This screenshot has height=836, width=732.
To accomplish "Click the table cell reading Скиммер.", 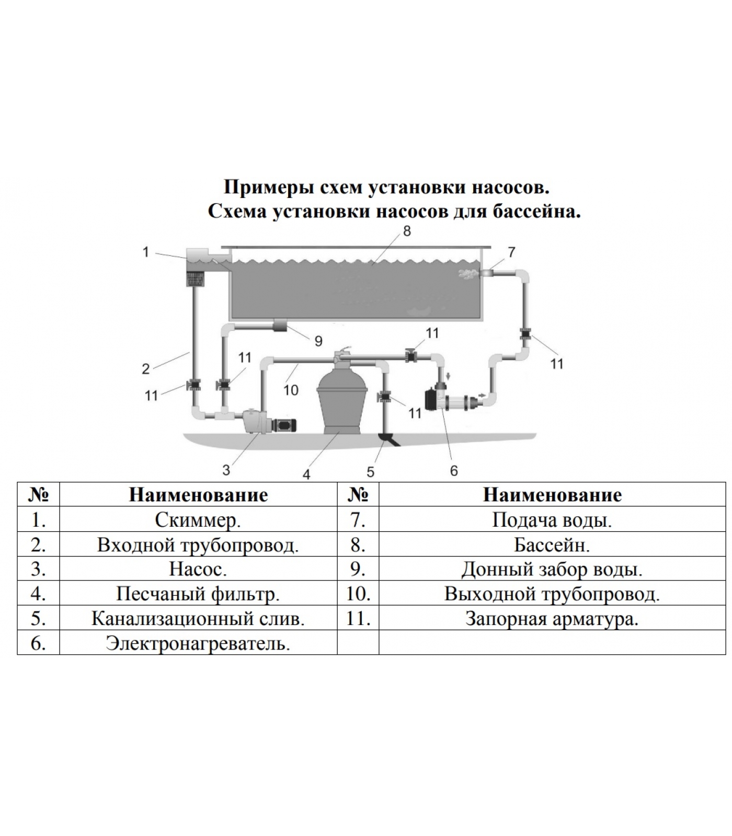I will [x=198, y=520].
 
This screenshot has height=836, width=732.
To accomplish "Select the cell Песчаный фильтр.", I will [x=198, y=594].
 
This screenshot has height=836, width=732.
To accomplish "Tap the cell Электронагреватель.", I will [x=198, y=643].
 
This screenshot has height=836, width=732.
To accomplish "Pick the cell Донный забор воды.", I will [x=552, y=569].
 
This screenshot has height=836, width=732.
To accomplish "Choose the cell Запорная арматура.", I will [x=552, y=619].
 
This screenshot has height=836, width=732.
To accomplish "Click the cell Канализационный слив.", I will [x=198, y=619].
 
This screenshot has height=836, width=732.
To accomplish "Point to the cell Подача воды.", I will [x=552, y=520].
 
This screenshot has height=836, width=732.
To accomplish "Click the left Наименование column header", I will [x=198, y=495].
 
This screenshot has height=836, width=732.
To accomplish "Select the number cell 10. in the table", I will [x=358, y=594].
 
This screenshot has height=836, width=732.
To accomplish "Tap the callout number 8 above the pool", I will [x=407, y=231].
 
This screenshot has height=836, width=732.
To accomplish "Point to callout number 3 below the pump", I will [x=226, y=470].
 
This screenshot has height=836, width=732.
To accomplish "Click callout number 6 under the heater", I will [x=454, y=471].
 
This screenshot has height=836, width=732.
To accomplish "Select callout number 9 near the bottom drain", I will [x=318, y=341].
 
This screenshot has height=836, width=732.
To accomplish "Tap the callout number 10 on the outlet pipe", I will [x=291, y=389].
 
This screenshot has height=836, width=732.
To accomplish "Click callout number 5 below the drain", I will [x=370, y=472].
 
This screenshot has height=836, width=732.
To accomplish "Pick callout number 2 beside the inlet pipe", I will [x=146, y=369].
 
